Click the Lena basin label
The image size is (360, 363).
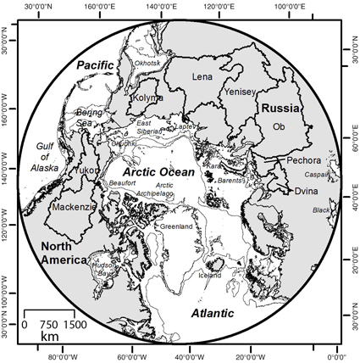coord(203,77)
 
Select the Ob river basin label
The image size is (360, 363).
coord(277,126)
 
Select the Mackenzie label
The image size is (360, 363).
coord(72,206)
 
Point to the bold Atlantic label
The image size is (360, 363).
coord(213,313)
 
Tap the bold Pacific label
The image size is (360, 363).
coord(95,65)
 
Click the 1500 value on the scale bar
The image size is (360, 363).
coord(75,325)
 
